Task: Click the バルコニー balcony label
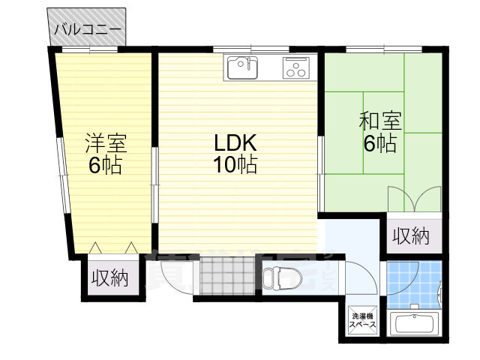click(87, 31)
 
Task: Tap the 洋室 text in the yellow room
click(106, 142)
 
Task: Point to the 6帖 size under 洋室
click(106, 165)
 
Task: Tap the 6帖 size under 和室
click(379, 143)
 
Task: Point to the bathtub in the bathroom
click(415, 325)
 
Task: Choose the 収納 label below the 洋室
click(109, 278)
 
